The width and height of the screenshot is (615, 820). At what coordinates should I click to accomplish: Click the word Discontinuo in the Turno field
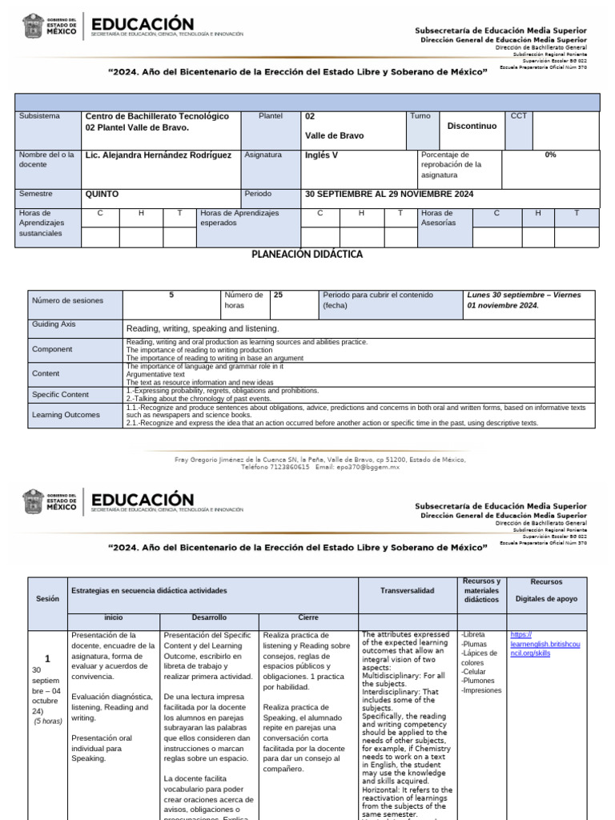pyautogui.click(x=472, y=127)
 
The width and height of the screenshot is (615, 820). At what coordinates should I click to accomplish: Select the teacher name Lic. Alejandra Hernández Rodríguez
pyautogui.click(x=159, y=155)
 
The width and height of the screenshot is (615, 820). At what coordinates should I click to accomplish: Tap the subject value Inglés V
pyautogui.click(x=322, y=155)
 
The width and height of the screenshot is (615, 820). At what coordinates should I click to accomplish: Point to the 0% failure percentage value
pyautogui.click(x=550, y=155)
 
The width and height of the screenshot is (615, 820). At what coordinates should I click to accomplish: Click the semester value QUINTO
pyautogui.click(x=102, y=195)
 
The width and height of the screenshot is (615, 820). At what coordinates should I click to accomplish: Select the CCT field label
pyautogui.click(x=518, y=117)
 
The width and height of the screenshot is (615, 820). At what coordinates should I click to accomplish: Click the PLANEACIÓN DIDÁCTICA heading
pyautogui.click(x=307, y=255)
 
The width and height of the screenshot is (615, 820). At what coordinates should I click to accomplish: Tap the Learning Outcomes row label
pyautogui.click(x=66, y=415)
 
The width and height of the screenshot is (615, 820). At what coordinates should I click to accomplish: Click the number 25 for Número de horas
pyautogui.click(x=279, y=295)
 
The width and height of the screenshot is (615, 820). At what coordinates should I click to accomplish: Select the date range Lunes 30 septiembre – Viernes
pyautogui.click(x=524, y=295)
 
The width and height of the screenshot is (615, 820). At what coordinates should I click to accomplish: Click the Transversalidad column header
pyautogui.click(x=407, y=591)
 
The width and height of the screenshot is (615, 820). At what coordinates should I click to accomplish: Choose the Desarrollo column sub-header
pyautogui.click(x=209, y=618)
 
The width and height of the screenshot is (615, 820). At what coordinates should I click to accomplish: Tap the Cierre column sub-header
pyautogui.click(x=307, y=618)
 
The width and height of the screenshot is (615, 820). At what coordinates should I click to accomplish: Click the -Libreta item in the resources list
pyautogui.click(x=473, y=635)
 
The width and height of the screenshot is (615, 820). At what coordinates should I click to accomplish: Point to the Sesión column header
pyautogui.click(x=47, y=599)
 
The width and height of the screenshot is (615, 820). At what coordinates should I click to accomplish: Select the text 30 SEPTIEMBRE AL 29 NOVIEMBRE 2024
pyautogui.click(x=389, y=195)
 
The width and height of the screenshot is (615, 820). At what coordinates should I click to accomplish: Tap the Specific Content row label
pyautogui.click(x=60, y=395)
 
